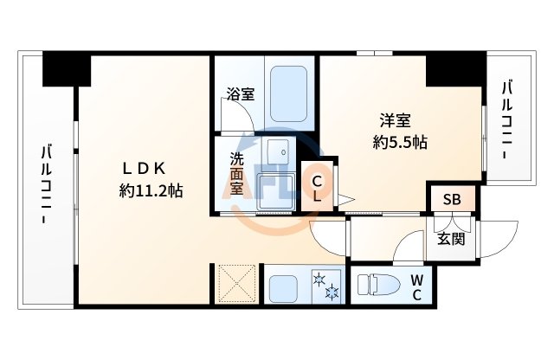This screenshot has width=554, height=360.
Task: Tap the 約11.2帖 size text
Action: click(x=151, y=191)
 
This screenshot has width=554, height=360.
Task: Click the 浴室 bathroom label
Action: click(x=242, y=94)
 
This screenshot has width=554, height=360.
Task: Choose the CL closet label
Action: click(x=318, y=189)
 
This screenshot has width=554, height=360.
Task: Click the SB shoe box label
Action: click(x=452, y=200)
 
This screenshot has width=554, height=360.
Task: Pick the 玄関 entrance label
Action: click(x=451, y=238)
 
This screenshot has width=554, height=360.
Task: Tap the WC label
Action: click(x=417, y=287)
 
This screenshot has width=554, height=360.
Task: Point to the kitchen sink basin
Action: click(x=284, y=286)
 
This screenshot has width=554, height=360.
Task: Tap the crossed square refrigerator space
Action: click(x=235, y=284)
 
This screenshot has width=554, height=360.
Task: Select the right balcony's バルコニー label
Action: click(x=507, y=120)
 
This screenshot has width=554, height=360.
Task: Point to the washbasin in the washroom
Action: click(x=278, y=152)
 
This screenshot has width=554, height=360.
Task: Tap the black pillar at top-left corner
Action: click(x=66, y=68)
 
